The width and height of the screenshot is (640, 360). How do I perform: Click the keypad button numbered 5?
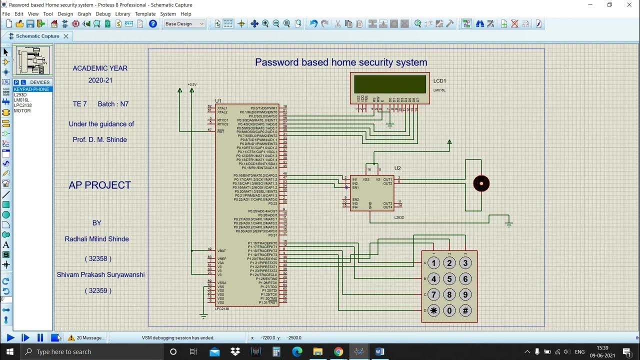(x=449, y=279)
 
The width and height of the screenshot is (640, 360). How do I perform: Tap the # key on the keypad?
(x=465, y=310)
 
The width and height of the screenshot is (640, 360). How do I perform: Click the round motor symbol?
(x=481, y=183)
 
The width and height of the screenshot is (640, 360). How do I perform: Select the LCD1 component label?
(x=439, y=81)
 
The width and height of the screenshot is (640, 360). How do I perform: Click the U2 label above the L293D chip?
(x=397, y=168)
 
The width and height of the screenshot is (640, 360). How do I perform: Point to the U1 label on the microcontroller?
(x=218, y=101)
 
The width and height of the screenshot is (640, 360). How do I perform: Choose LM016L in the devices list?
(x=21, y=100)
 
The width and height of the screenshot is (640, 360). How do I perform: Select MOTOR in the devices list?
(x=22, y=110)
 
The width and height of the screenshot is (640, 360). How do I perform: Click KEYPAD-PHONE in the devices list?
(x=31, y=89)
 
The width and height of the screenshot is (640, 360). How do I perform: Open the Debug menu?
(x=103, y=14)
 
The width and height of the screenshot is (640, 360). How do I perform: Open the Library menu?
(x=122, y=14)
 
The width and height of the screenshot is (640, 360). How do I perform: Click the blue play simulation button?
(x=10, y=338)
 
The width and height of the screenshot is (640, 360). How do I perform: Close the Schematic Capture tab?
(x=65, y=36)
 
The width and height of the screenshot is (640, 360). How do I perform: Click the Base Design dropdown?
(x=184, y=23)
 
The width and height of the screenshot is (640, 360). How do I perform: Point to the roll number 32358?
(x=98, y=258)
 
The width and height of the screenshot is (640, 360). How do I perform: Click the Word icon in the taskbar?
(x=379, y=352)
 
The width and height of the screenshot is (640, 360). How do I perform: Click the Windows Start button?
(x=9, y=352)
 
